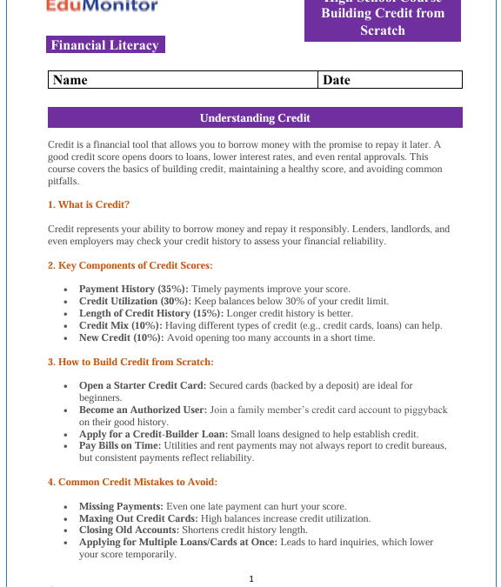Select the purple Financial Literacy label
pos(105,45)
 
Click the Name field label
pos(70,80)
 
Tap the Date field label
pos(337,80)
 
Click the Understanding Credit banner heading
pos(255,117)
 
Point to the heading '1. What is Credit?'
pos(89,204)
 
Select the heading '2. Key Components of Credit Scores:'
pos(130,265)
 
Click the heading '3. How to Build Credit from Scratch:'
pos(130,362)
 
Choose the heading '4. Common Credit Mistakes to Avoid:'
pos(131,482)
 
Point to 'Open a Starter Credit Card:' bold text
pos(143,385)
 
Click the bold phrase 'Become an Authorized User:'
pos(144,410)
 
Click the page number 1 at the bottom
pos(250,578)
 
